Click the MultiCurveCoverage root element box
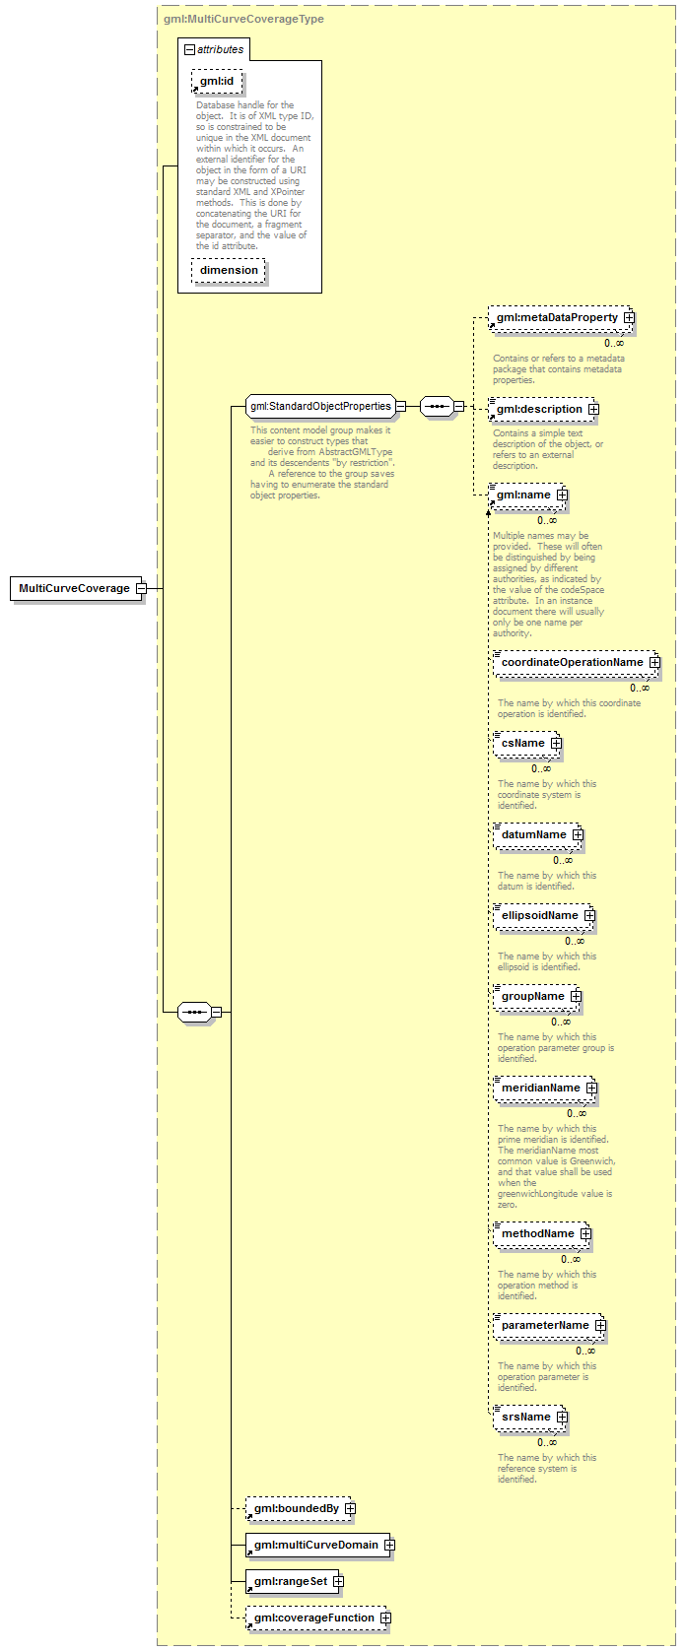coord(75,588)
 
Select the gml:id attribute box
coord(217,81)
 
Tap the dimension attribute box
coord(229,270)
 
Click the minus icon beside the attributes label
coord(189,49)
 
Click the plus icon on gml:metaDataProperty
coord(629,317)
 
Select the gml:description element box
coord(542,409)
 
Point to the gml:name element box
coord(526,495)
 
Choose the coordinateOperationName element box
coord(576,662)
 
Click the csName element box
coord(526,743)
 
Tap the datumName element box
coord(538,834)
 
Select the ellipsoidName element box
coord(544,915)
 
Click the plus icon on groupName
coord(576,997)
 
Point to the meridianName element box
coord(544,1088)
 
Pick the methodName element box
coord(541,1234)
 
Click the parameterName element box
coord(549,1325)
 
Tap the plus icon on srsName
coord(562,1417)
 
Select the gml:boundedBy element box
coord(301,1509)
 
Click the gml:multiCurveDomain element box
coord(320,1545)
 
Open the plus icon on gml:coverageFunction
coord(385,1618)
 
